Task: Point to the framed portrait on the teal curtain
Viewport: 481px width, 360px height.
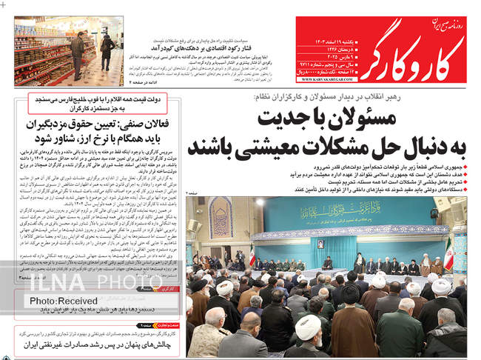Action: [320, 244]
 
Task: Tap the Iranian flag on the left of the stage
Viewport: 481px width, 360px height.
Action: [252, 256]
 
